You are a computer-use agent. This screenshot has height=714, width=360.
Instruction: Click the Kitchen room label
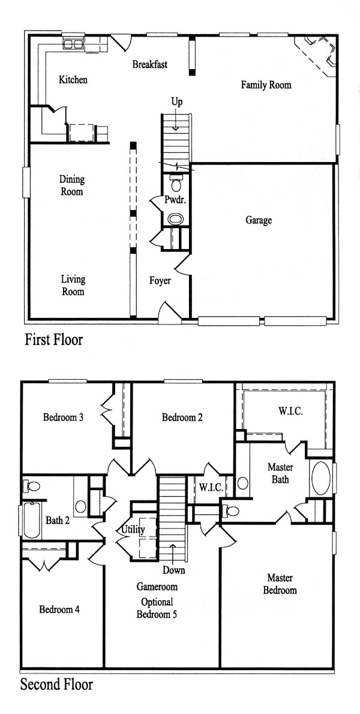pyautogui.click(x=73, y=80)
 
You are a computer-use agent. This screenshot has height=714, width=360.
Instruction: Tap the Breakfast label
pyautogui.click(x=150, y=64)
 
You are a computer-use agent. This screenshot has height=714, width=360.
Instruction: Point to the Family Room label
pyautogui.click(x=266, y=85)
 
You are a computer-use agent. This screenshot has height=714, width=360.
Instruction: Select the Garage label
pyautogui.click(x=259, y=220)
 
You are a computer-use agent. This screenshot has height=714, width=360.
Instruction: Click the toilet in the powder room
pyautogui.click(x=176, y=183)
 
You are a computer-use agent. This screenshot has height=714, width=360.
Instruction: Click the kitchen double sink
pyautogui.click(x=73, y=44)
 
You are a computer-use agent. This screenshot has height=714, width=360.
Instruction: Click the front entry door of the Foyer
pyautogui.click(x=169, y=314)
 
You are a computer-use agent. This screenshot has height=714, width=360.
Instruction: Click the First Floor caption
pyautogui.click(x=54, y=339)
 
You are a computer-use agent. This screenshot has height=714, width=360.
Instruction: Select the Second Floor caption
pyautogui.click(x=56, y=685)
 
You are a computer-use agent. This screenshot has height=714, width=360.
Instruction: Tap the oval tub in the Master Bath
pyautogui.click(x=321, y=478)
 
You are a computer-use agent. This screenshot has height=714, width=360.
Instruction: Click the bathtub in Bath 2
pyautogui.click(x=31, y=520)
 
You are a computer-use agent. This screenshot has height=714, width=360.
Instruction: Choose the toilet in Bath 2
pyautogui.click(x=32, y=485)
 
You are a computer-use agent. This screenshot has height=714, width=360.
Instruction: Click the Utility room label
pyautogui.click(x=133, y=529)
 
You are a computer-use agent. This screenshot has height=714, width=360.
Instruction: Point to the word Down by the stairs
pyautogui.click(x=174, y=569)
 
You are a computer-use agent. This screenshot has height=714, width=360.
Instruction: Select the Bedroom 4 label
pyautogui.click(x=59, y=609)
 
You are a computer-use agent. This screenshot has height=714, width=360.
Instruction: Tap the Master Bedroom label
pyautogui.click(x=280, y=584)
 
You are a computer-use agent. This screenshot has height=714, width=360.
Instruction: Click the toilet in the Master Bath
pyautogui.click(x=231, y=511)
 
